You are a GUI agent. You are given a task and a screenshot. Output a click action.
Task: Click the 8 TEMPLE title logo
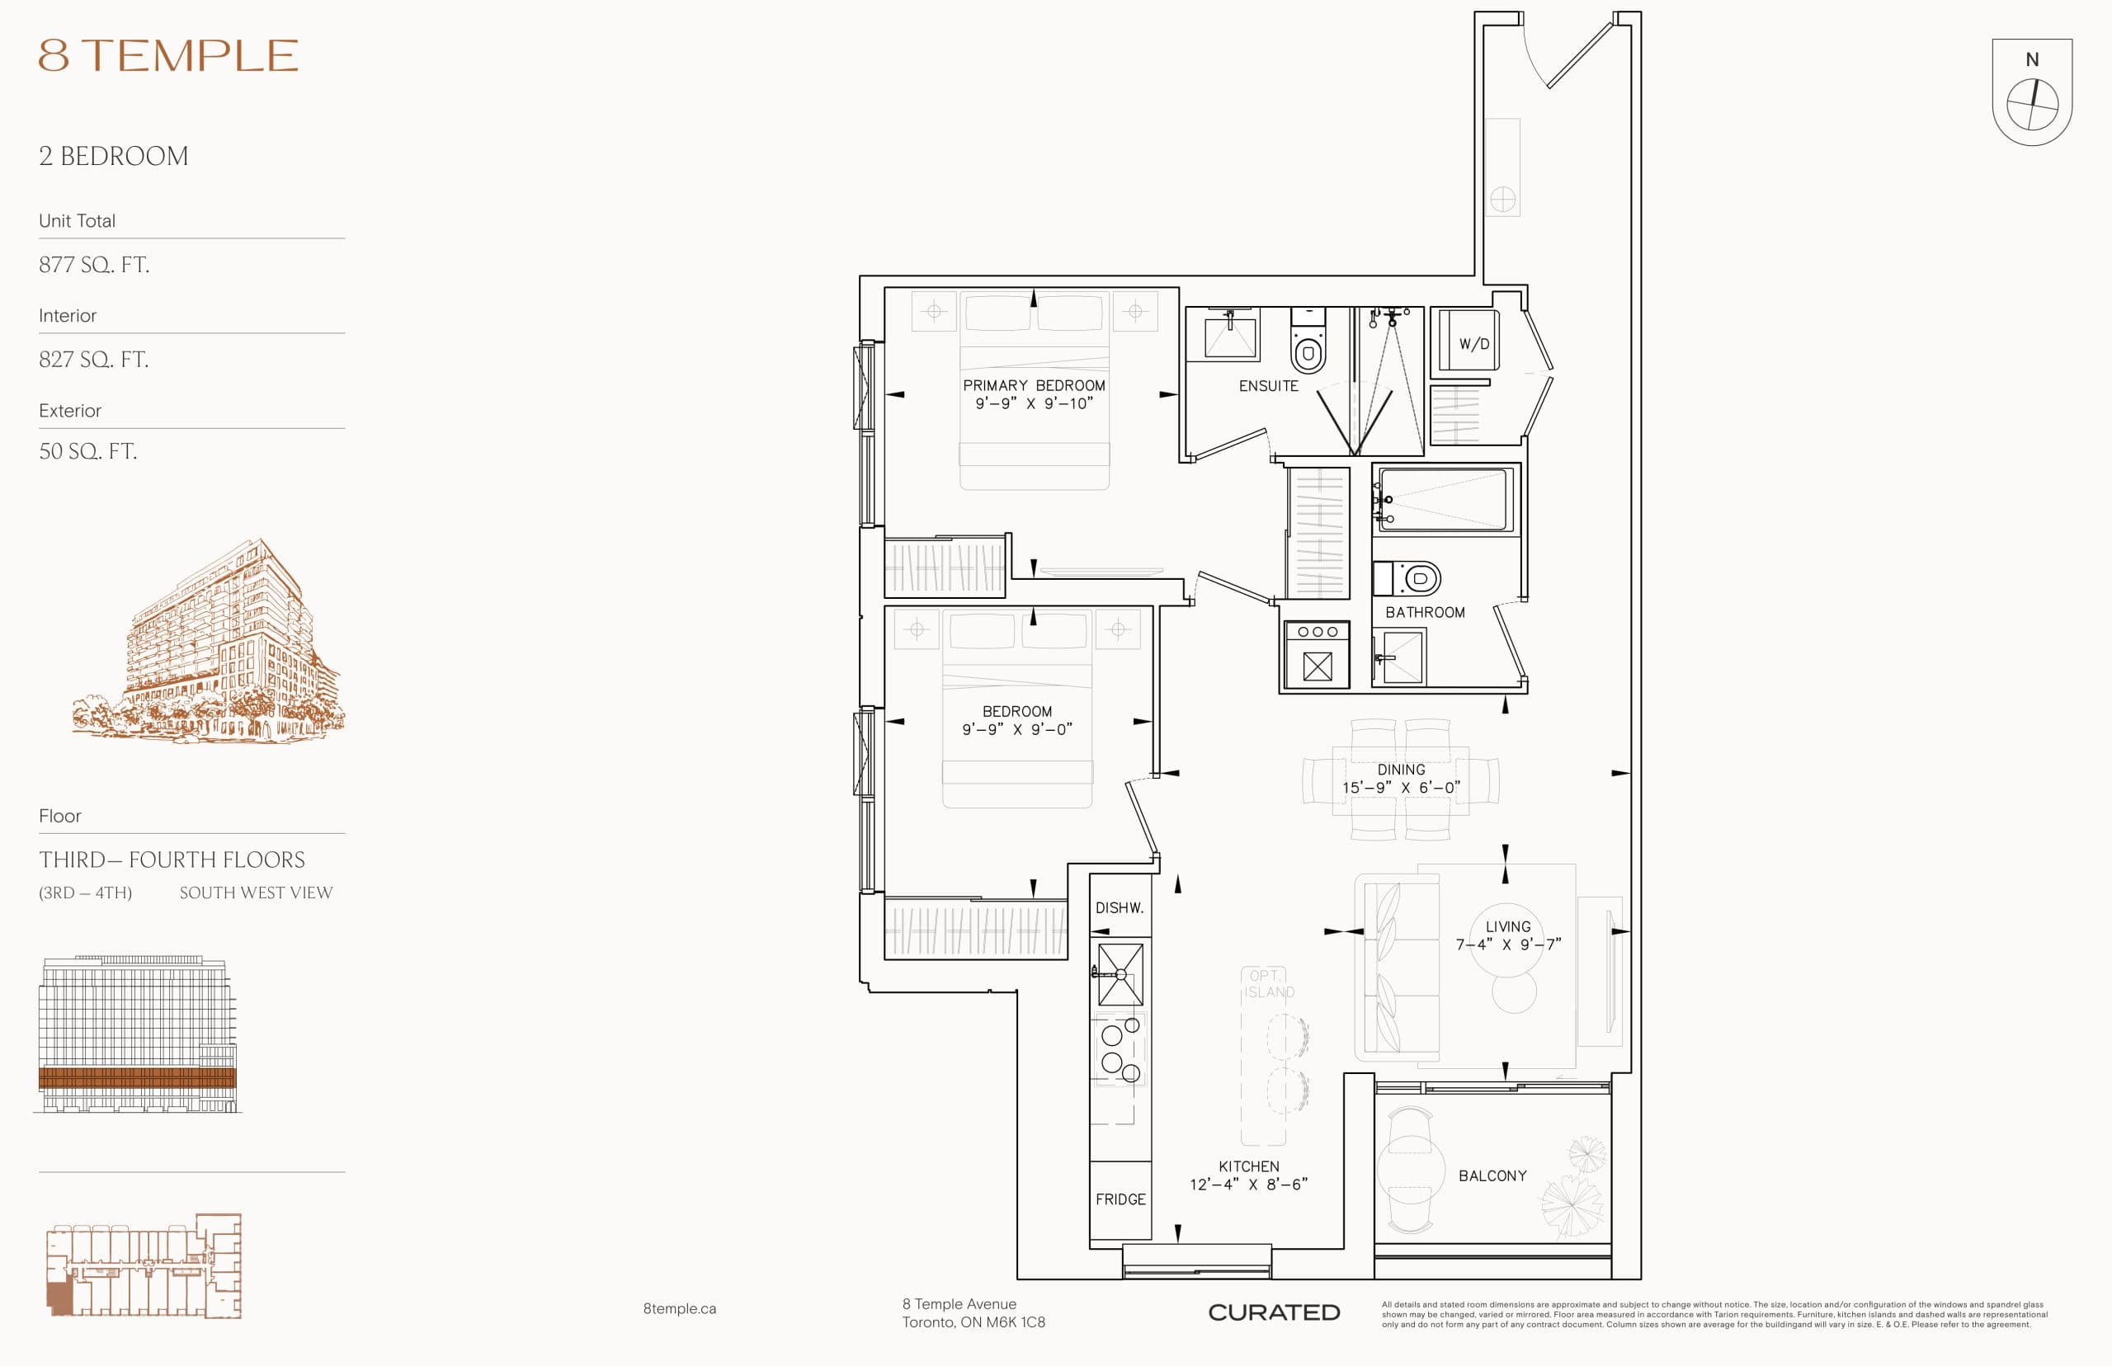point(168,55)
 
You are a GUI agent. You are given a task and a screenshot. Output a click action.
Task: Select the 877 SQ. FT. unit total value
point(94,264)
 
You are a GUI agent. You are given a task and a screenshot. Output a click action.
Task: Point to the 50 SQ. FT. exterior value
point(87,451)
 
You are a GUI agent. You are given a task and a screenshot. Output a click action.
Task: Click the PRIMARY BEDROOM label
point(1034,386)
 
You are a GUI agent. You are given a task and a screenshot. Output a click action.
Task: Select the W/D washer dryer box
point(1468,341)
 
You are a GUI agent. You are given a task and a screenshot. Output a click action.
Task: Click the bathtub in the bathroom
point(1443,500)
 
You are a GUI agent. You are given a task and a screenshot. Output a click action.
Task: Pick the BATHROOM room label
point(1425,613)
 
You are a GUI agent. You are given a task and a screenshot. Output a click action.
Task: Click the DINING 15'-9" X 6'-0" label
point(1401,779)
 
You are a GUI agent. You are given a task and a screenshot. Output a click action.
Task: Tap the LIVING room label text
point(1508,927)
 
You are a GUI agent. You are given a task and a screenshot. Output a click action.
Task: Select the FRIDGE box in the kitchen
point(1120,1199)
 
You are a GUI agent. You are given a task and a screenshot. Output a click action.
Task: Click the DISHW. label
point(1120,908)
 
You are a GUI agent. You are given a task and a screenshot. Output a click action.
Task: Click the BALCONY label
point(1492,1176)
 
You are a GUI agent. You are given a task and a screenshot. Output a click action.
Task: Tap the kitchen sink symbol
point(1120,974)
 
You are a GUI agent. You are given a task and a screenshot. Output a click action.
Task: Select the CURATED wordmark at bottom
point(1274,1312)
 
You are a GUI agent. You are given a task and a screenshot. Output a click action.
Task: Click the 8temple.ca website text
point(680,1308)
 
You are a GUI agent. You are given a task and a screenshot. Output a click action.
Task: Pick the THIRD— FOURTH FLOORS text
point(172,860)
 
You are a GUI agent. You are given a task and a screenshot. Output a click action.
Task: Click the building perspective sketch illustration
point(209,643)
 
